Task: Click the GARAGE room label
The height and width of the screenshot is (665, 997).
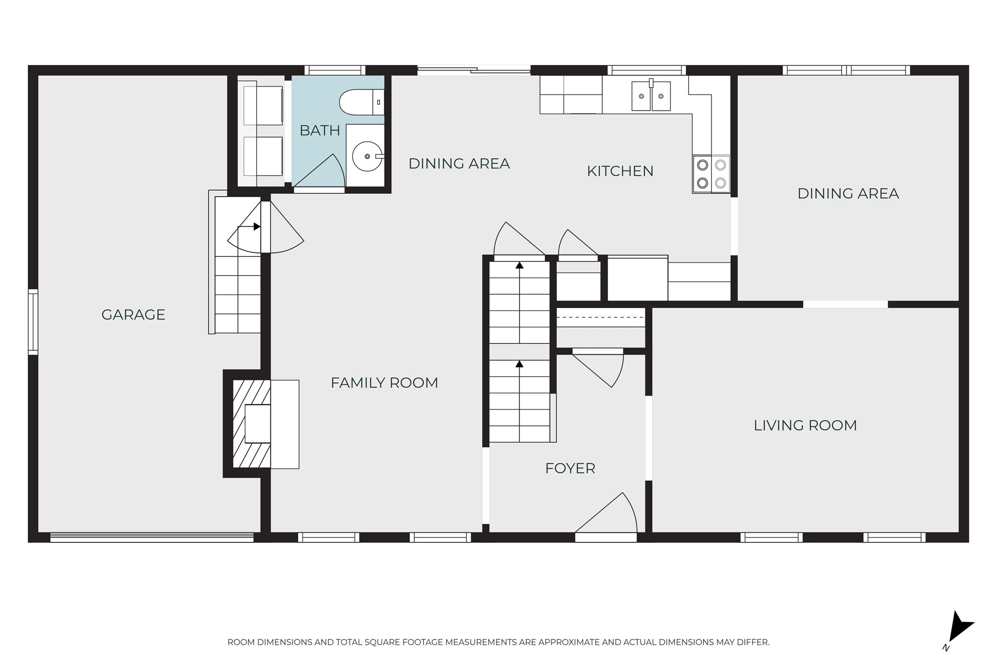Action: pyautogui.click(x=133, y=314)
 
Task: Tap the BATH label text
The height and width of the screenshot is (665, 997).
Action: pyautogui.click(x=319, y=130)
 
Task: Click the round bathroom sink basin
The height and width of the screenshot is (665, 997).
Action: pyautogui.click(x=367, y=156)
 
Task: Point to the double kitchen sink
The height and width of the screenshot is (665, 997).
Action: pyautogui.click(x=651, y=96)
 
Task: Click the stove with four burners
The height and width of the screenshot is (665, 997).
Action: pyautogui.click(x=711, y=174)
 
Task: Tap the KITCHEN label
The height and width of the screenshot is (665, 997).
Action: pyautogui.click(x=620, y=171)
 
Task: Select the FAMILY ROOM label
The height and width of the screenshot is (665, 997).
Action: pyautogui.click(x=384, y=383)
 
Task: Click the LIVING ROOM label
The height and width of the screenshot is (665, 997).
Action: pyautogui.click(x=805, y=425)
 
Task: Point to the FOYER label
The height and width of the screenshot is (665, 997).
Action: pyautogui.click(x=570, y=468)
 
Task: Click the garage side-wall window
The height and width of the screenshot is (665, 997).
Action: pyautogui.click(x=33, y=322)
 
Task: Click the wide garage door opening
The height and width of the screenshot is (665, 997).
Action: pyautogui.click(x=152, y=537)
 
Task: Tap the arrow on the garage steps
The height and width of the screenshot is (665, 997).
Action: pyautogui.click(x=256, y=226)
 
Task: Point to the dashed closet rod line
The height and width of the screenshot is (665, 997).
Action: pyautogui.click(x=600, y=318)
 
